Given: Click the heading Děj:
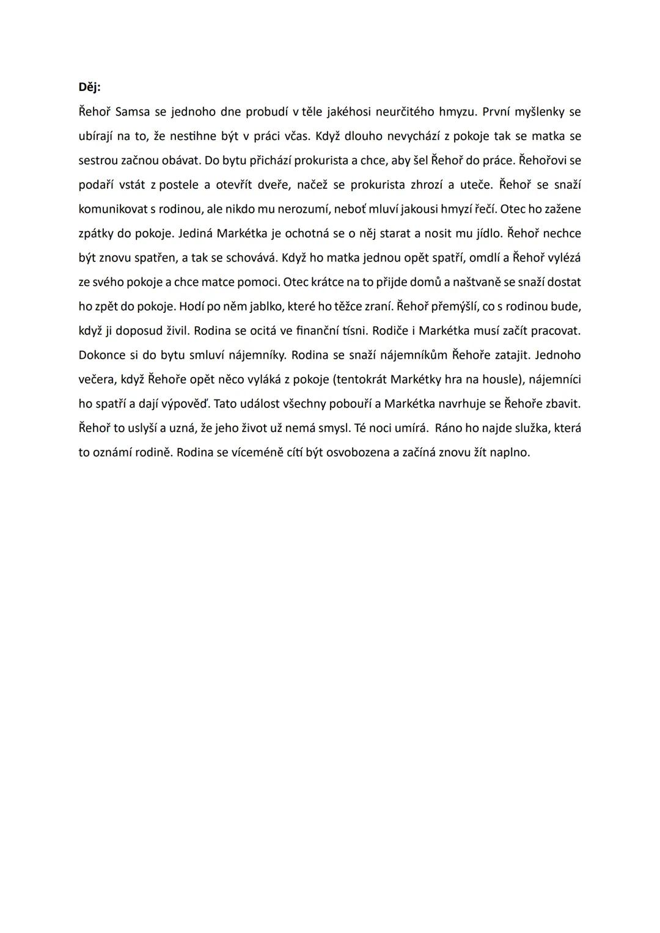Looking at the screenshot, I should (89, 87).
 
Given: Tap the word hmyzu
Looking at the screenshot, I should (457, 112).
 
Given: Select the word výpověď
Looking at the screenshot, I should (183, 404).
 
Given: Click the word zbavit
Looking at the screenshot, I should (562, 404).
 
